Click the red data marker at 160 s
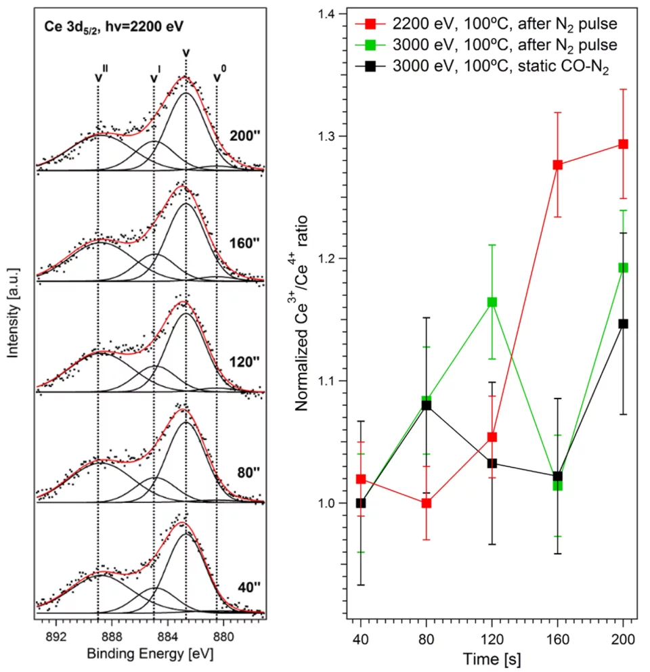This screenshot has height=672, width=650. [558, 164]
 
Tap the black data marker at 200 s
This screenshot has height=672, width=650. [624, 323]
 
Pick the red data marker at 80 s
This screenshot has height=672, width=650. [426, 503]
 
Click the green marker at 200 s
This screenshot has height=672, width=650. [624, 267]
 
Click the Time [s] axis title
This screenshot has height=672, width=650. [492, 658]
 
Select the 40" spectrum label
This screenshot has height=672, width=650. [242, 587]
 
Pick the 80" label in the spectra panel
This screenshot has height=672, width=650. [242, 474]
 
